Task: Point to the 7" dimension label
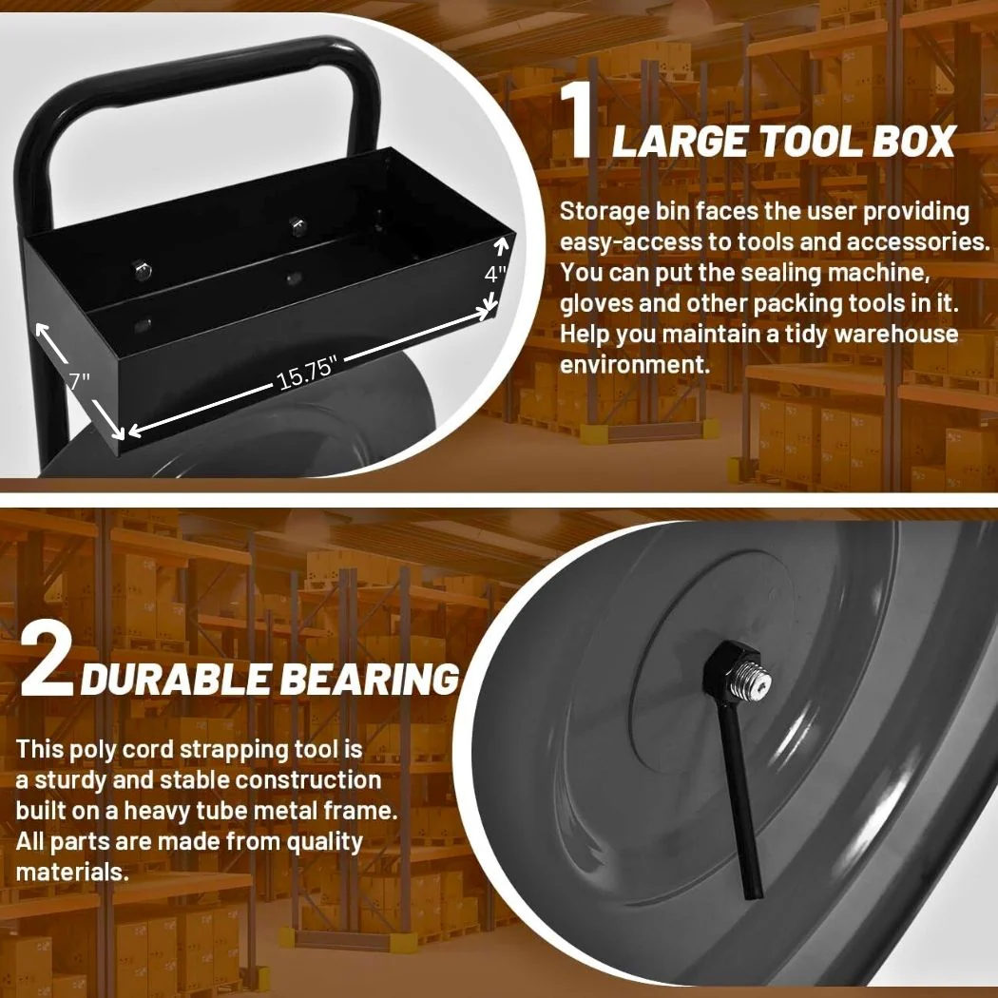point(80,380)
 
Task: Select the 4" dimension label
point(495,275)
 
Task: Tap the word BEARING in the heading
point(370,679)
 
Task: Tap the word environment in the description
point(635,365)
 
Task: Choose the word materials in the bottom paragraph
point(72,872)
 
